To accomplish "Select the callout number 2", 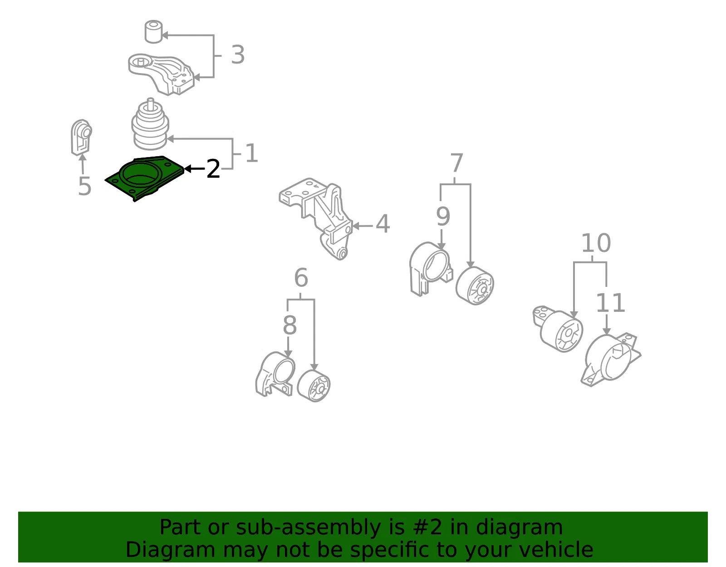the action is (213, 169).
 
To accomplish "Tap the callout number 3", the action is (238, 54).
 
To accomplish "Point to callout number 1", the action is (251, 153).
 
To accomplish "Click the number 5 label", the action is (84, 186).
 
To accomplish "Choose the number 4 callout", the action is (383, 223).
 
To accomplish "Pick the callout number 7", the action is (456, 163).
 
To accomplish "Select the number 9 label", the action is (443, 217).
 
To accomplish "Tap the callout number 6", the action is (301, 278).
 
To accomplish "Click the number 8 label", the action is (289, 325).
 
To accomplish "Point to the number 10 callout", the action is (596, 243).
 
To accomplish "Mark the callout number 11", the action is (610, 303).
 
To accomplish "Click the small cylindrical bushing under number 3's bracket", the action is (154, 32).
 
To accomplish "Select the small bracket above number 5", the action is (81, 137).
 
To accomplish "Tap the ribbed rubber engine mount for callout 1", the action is (150, 125).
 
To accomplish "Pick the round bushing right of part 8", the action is (314, 386).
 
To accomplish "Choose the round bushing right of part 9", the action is (475, 286).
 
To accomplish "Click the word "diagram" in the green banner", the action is (519, 527).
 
